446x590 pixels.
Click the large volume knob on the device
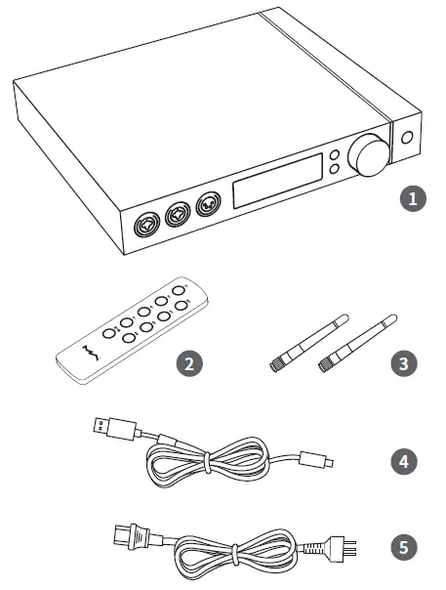[371, 155]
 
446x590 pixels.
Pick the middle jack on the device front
[177, 214]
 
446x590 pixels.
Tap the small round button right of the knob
[407, 137]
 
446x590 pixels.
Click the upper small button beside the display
[334, 155]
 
